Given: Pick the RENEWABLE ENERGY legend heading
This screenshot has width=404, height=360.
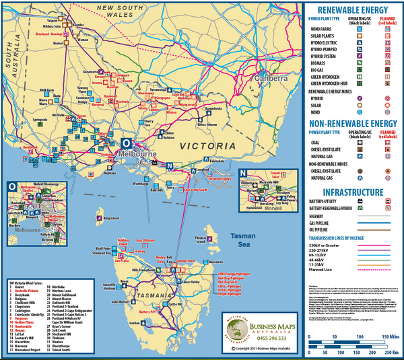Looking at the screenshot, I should click(x=349, y=10).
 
